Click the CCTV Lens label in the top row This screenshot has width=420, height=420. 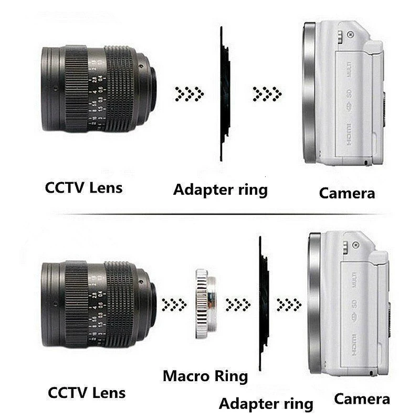(83, 187)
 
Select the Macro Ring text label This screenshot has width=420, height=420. (205, 376)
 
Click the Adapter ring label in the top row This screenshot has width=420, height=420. (220, 189)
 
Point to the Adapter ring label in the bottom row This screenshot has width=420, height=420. (266, 404)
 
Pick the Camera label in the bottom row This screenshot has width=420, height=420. (362, 398)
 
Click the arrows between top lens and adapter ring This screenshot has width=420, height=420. (189, 94)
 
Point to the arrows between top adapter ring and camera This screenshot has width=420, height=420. (267, 94)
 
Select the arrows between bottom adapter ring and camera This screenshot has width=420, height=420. (289, 303)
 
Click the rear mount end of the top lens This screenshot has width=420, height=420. (152, 89)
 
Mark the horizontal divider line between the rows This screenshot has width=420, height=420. (210, 214)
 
